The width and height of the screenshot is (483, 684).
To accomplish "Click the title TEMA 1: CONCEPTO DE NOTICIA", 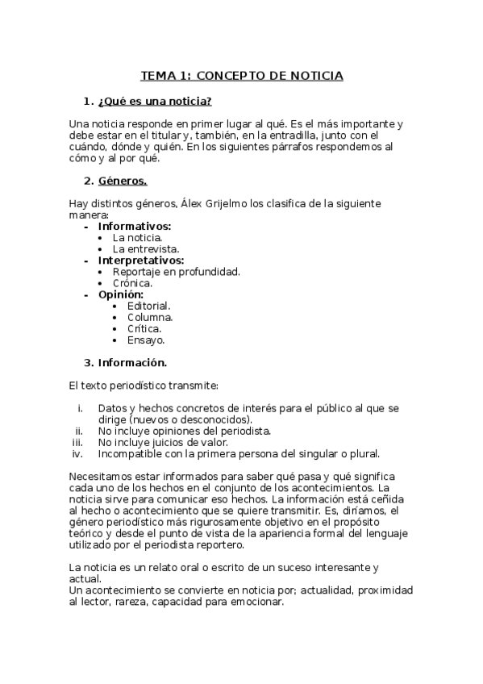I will [242, 76].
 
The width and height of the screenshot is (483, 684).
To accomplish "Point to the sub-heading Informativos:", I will [135, 227].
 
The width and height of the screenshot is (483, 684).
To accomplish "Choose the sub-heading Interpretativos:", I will [141, 261].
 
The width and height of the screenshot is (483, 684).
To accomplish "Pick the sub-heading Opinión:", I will [121, 294].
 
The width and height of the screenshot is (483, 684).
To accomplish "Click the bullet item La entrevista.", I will [146, 249].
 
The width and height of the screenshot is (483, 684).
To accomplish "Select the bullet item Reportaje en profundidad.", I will [176, 272].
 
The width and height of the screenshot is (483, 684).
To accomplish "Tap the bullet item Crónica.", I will [132, 283].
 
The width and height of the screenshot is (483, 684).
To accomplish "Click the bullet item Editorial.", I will [148, 306].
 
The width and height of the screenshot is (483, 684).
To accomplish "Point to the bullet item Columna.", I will [150, 317].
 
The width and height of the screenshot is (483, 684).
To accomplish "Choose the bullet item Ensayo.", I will [146, 340].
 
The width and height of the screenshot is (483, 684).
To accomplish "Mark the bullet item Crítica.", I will [144, 328].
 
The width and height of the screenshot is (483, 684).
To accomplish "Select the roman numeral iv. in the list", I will [78, 453].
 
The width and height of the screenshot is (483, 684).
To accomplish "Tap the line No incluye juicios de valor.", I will [164, 442].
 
